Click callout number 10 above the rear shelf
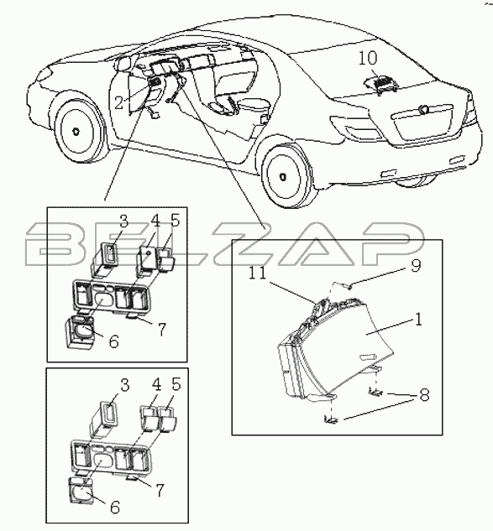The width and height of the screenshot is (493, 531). click(x=368, y=58)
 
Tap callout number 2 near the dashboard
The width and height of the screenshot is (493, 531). click(x=118, y=102)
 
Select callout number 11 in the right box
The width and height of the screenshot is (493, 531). click(x=259, y=273)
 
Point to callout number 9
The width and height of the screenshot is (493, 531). click(x=415, y=265)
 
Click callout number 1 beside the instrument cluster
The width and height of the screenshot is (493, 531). click(x=419, y=320)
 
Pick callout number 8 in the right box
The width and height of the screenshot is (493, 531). click(x=424, y=395)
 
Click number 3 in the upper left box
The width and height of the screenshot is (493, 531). click(x=123, y=221)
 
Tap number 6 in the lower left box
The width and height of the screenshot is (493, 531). click(x=115, y=508)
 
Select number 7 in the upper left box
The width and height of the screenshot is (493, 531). click(x=161, y=329)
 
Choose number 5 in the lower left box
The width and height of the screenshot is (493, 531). click(x=176, y=385)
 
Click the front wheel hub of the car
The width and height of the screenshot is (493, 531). click(x=76, y=131)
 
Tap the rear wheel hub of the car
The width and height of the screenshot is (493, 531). click(x=282, y=177)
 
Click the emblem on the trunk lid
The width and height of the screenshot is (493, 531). click(x=423, y=109)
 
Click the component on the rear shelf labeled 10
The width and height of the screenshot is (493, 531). click(x=381, y=83)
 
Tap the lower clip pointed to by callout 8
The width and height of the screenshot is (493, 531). click(x=331, y=420)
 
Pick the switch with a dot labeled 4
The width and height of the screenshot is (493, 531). click(x=146, y=260)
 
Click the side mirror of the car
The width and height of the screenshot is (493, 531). click(x=124, y=64)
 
